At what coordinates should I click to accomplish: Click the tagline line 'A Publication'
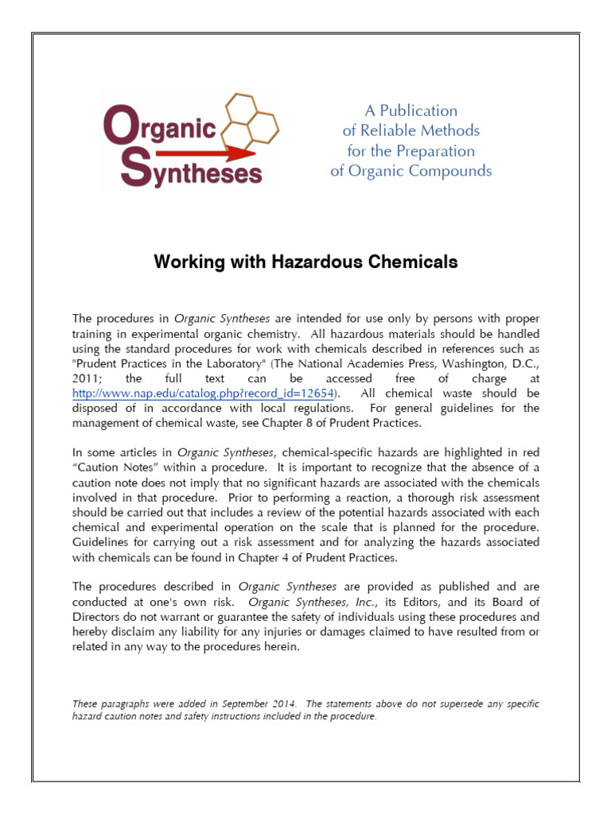(411, 110)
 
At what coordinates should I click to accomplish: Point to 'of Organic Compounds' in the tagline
(411, 171)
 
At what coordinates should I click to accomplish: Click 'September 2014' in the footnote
(267, 704)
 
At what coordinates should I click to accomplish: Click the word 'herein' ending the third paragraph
(283, 646)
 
